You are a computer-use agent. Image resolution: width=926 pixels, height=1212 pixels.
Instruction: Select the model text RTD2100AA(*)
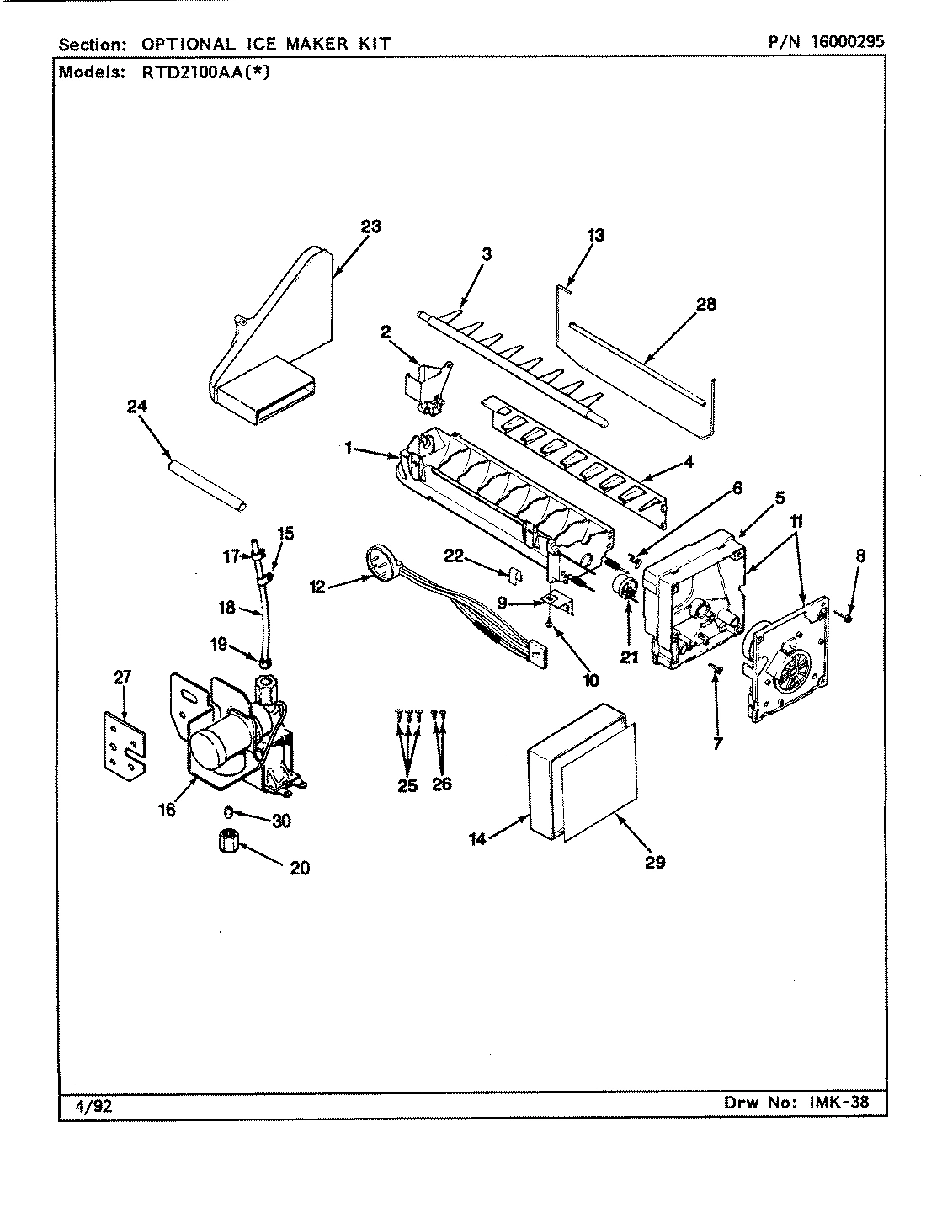[200, 72]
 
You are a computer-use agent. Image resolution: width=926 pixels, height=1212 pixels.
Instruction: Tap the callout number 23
[370, 226]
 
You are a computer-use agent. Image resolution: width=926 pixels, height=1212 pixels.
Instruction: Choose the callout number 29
[655, 861]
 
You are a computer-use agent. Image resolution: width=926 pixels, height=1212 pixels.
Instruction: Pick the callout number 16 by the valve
[167, 810]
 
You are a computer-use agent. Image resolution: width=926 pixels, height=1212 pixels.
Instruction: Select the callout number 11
[796, 523]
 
